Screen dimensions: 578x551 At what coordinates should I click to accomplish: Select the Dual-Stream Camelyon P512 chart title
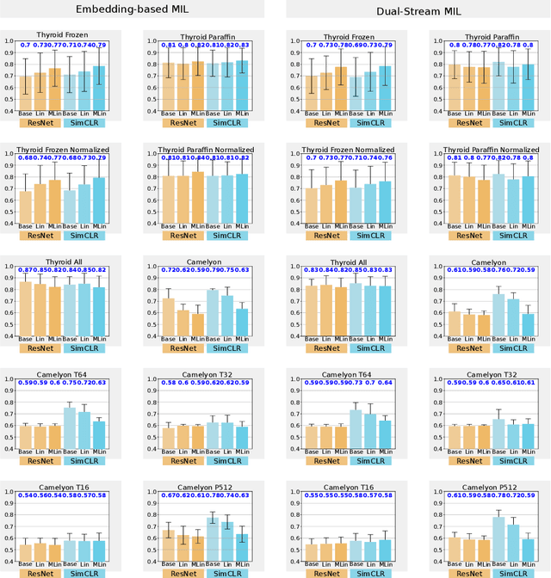pyautogui.click(x=478, y=485)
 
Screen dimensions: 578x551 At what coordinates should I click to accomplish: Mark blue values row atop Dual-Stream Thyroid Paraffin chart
pyautogui.click(x=478, y=44)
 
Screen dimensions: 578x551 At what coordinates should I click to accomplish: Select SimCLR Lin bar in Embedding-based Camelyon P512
pyautogui.click(x=228, y=541)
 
